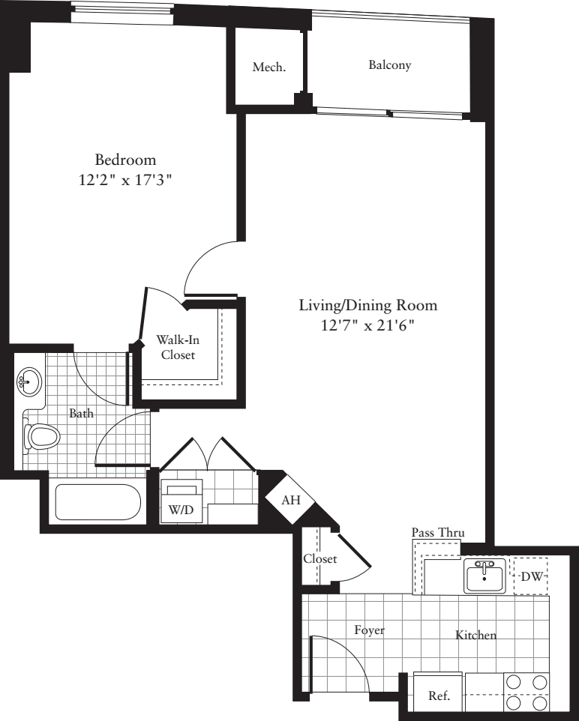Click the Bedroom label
pyautogui.click(x=125, y=160)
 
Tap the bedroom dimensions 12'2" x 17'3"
pyautogui.click(x=125, y=180)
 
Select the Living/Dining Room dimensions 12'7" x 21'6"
pyautogui.click(x=367, y=325)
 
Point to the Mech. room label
pyautogui.click(x=269, y=67)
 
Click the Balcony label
pyautogui.click(x=389, y=65)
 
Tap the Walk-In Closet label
pyautogui.click(x=178, y=347)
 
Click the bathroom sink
pyautogui.click(x=29, y=381)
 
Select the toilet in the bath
pyautogui.click(x=42, y=436)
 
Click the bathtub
pyautogui.click(x=97, y=501)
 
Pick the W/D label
pyautogui.click(x=181, y=510)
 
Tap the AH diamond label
pyautogui.click(x=291, y=500)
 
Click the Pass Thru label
pyautogui.click(x=438, y=532)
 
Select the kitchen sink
pyautogui.click(x=484, y=576)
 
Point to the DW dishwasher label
pyautogui.click(x=532, y=576)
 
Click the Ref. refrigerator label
pyautogui.click(x=439, y=696)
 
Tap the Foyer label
pyautogui.click(x=369, y=630)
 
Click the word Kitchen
pyautogui.click(x=475, y=635)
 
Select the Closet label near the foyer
pyautogui.click(x=320, y=558)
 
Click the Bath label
pyautogui.click(x=82, y=414)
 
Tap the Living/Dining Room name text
pyautogui.click(x=367, y=305)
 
